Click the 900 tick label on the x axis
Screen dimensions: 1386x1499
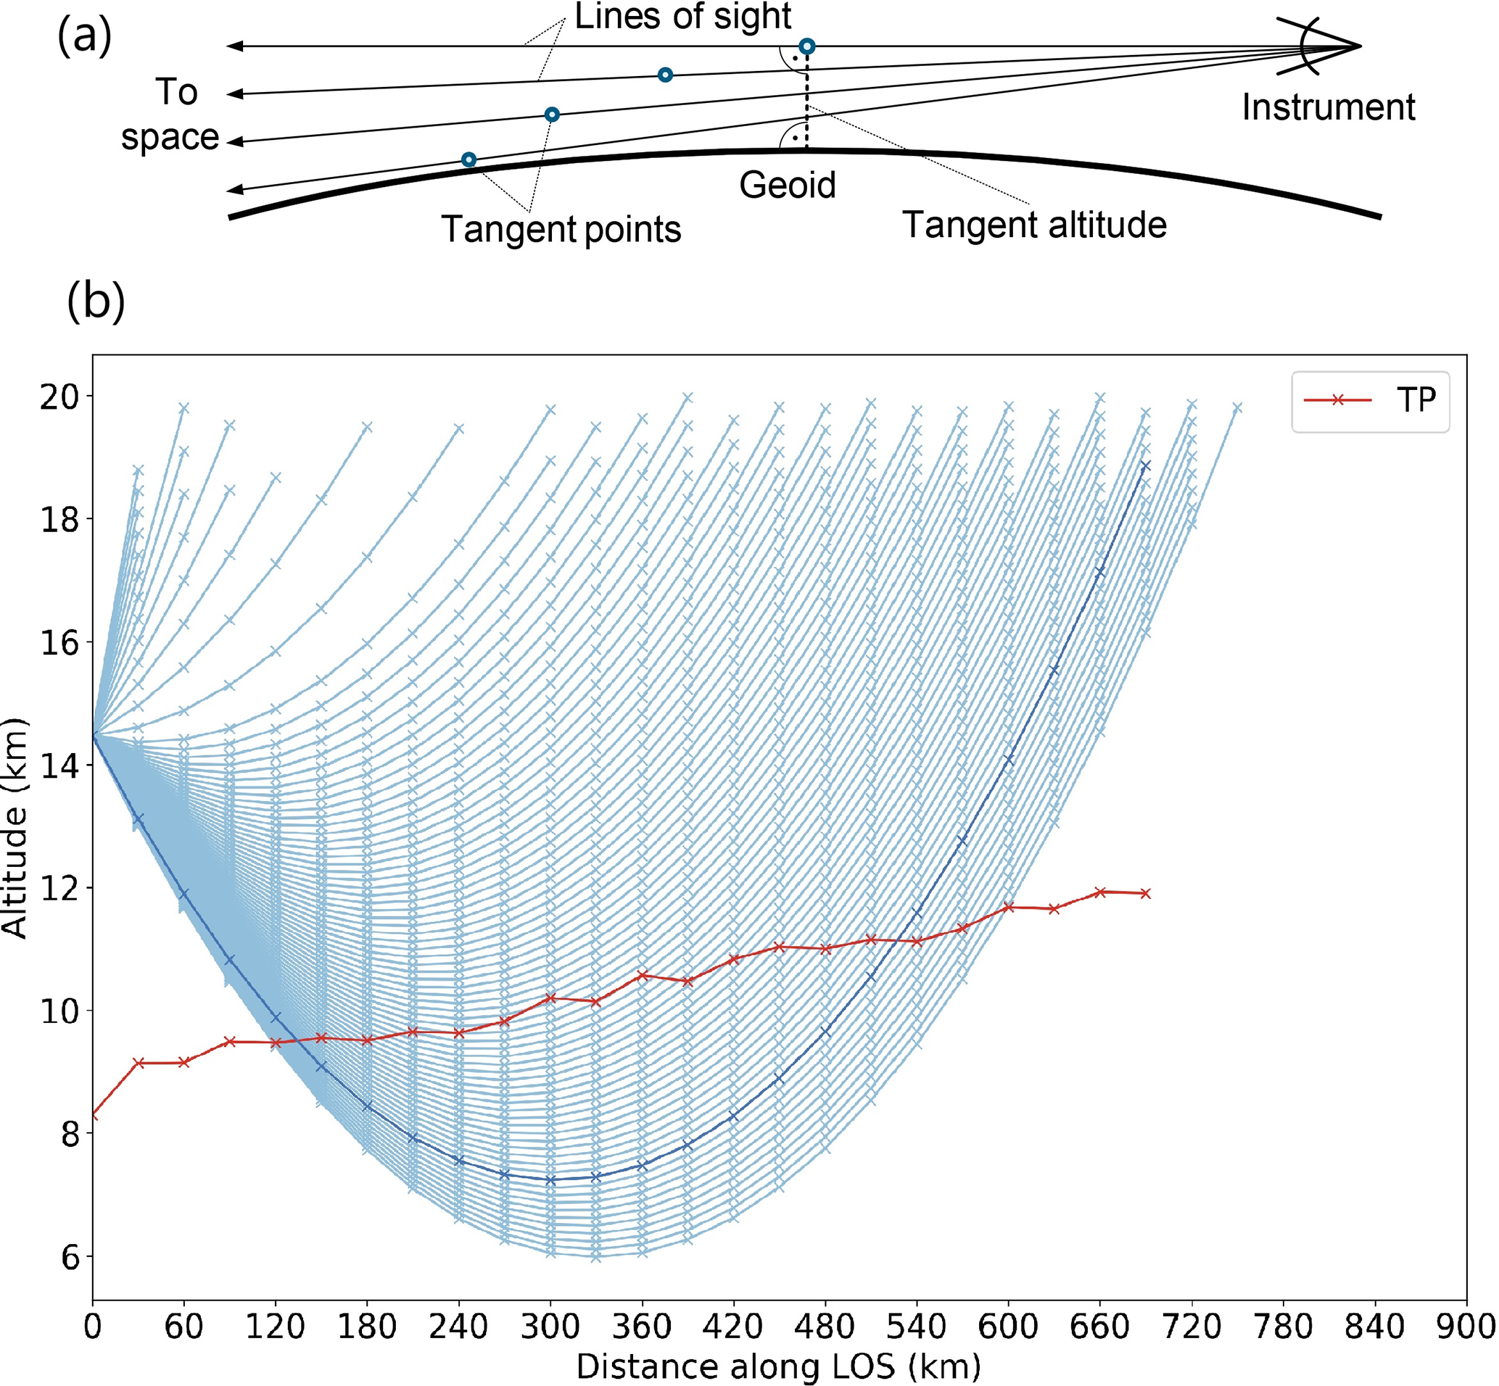pyautogui.click(x=1466, y=1327)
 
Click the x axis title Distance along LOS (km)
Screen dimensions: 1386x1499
pyautogui.click(x=778, y=1366)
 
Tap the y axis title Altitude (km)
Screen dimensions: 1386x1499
pyautogui.click(x=15, y=828)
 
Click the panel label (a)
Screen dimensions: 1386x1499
pyautogui.click(x=84, y=36)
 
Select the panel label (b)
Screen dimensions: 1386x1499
pyautogui.click(x=95, y=302)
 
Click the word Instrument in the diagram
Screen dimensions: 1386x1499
pyautogui.click(x=1328, y=107)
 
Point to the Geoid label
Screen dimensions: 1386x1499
pyautogui.click(x=787, y=186)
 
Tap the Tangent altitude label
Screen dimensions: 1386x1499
pyautogui.click(x=1034, y=225)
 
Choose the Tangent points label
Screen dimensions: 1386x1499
pyautogui.click(x=561, y=229)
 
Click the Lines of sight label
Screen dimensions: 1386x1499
pyautogui.click(x=682, y=17)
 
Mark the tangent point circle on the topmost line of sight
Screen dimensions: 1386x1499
pyautogui.click(x=806, y=46)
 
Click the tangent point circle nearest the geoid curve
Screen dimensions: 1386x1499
pyautogui.click(x=468, y=159)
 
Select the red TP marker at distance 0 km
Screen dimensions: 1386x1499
pyautogui.click(x=92, y=1115)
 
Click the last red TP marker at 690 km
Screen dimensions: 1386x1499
pyautogui.click(x=1146, y=893)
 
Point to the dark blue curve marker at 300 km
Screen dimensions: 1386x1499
pyautogui.click(x=550, y=1179)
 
